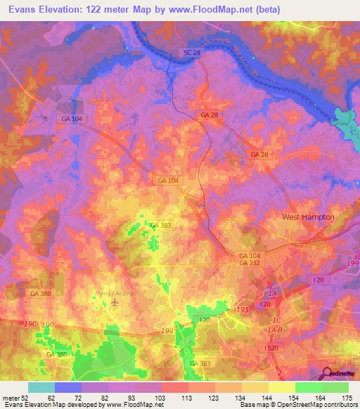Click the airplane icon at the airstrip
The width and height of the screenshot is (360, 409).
click(115, 303)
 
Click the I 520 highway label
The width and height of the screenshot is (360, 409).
click(272, 348)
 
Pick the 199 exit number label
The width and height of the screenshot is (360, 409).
click(352, 261)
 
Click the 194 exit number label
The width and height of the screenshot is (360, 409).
click(167, 330)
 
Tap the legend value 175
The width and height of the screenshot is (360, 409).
click(347, 397)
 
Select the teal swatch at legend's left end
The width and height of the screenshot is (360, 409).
click(41, 387)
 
